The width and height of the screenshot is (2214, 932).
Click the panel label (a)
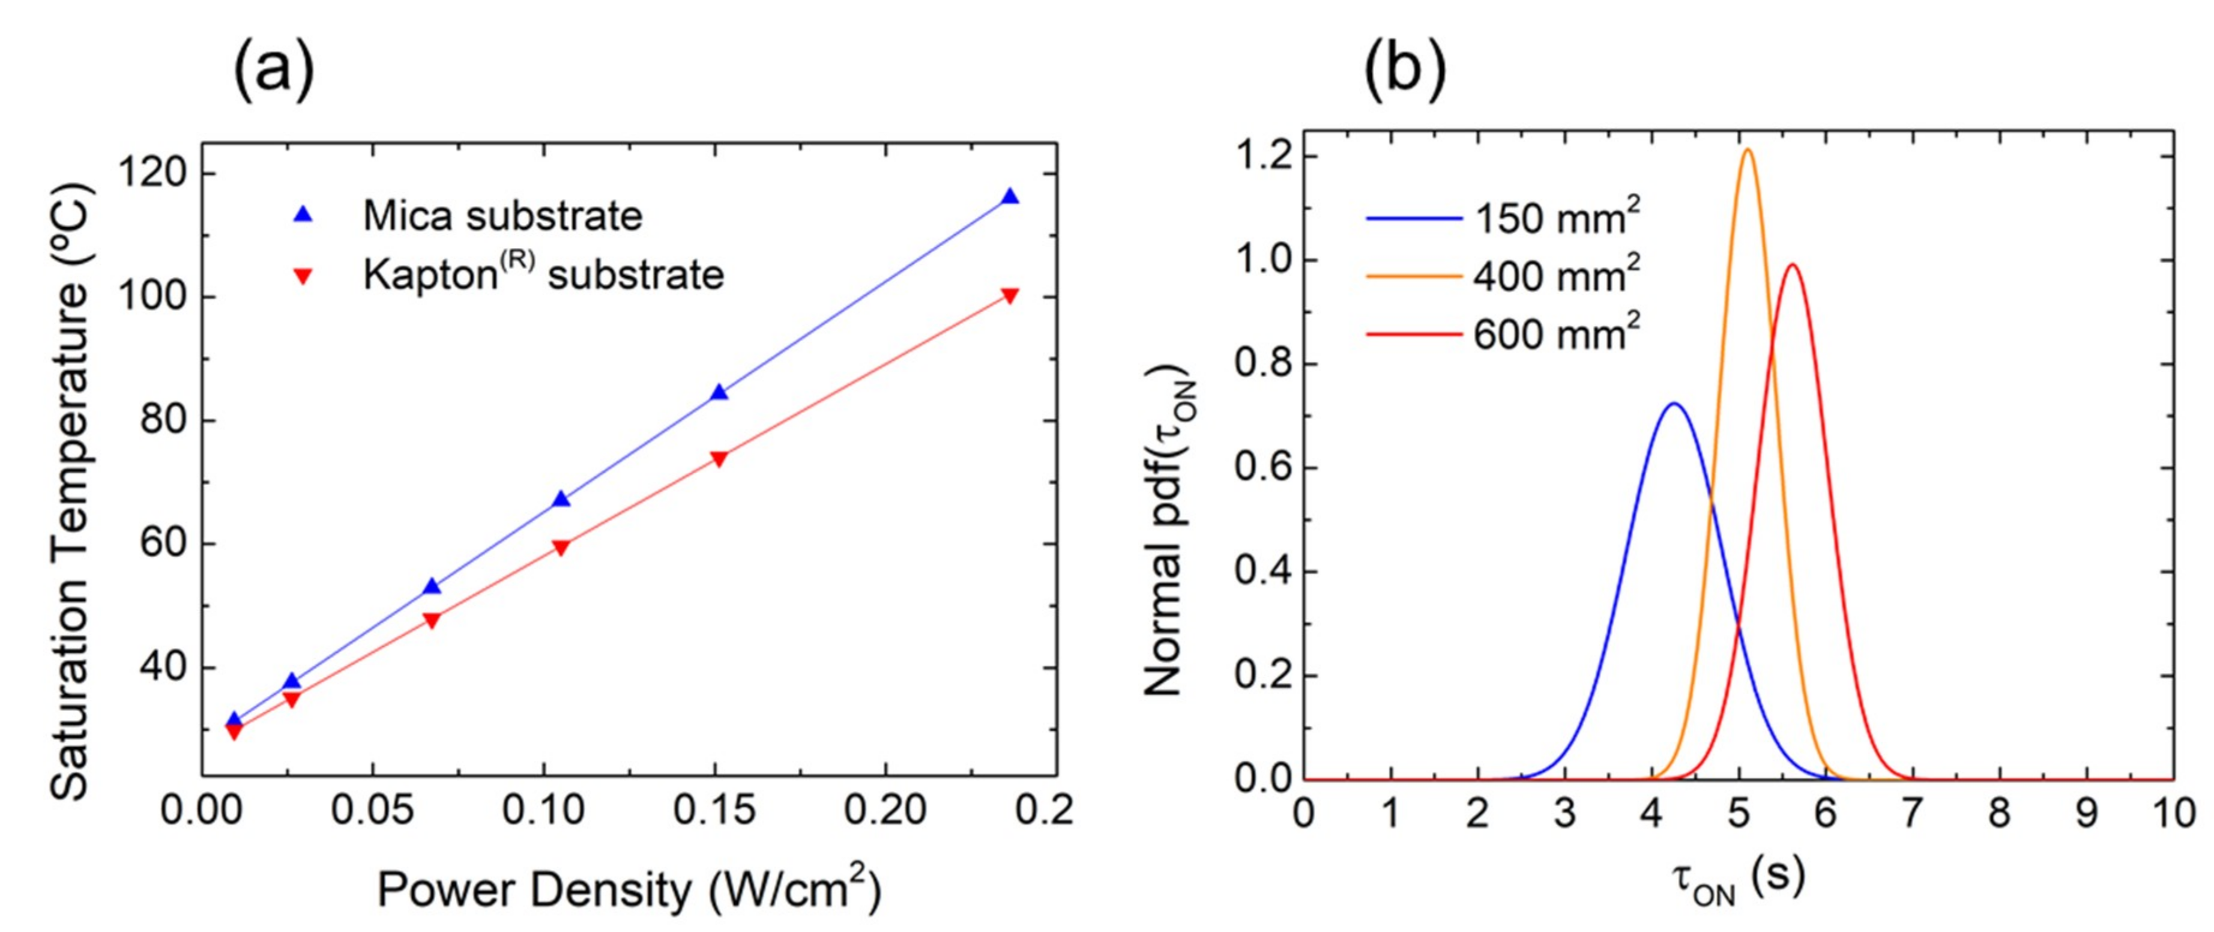pyautogui.click(x=273, y=73)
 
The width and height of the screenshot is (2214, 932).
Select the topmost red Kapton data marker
pyautogui.click(x=1010, y=296)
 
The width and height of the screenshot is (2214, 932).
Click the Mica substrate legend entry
pyautogui.click(x=502, y=216)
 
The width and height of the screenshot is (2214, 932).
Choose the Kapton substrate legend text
pyautogui.click(x=543, y=275)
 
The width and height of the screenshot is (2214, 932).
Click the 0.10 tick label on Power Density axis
pyautogui.click(x=543, y=810)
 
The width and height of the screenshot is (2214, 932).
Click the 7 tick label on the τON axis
pyautogui.click(x=1911, y=812)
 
